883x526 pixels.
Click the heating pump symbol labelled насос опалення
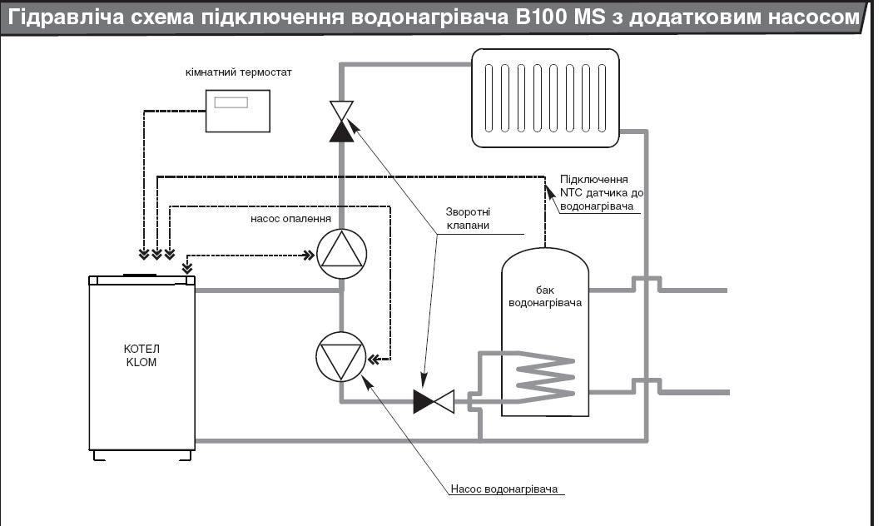pyautogui.click(x=341, y=253)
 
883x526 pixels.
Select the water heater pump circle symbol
pyautogui.click(x=340, y=357)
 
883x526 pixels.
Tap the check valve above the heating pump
pyautogui.click(x=341, y=121)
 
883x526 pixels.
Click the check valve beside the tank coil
pyautogui.click(x=434, y=401)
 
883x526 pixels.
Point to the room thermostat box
pyautogui.click(x=238, y=111)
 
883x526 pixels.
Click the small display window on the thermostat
pyautogui.click(x=231, y=102)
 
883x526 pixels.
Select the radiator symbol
pyautogui.click(x=545, y=98)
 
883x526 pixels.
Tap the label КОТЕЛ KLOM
pyautogui.click(x=141, y=355)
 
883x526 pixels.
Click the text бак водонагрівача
pyautogui.click(x=544, y=296)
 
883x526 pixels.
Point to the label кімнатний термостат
pyautogui.click(x=238, y=72)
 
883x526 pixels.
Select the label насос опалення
pyautogui.click(x=290, y=219)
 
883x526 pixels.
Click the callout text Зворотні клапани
pyautogui.click(x=468, y=219)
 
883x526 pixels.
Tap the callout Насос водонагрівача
pyautogui.click(x=504, y=489)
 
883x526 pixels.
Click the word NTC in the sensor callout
pyautogui.click(x=571, y=193)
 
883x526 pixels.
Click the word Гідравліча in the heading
pyautogui.click(x=66, y=17)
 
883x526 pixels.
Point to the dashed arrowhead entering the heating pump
pyautogui.click(x=309, y=256)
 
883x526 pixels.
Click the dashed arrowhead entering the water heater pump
pyautogui.click(x=374, y=358)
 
